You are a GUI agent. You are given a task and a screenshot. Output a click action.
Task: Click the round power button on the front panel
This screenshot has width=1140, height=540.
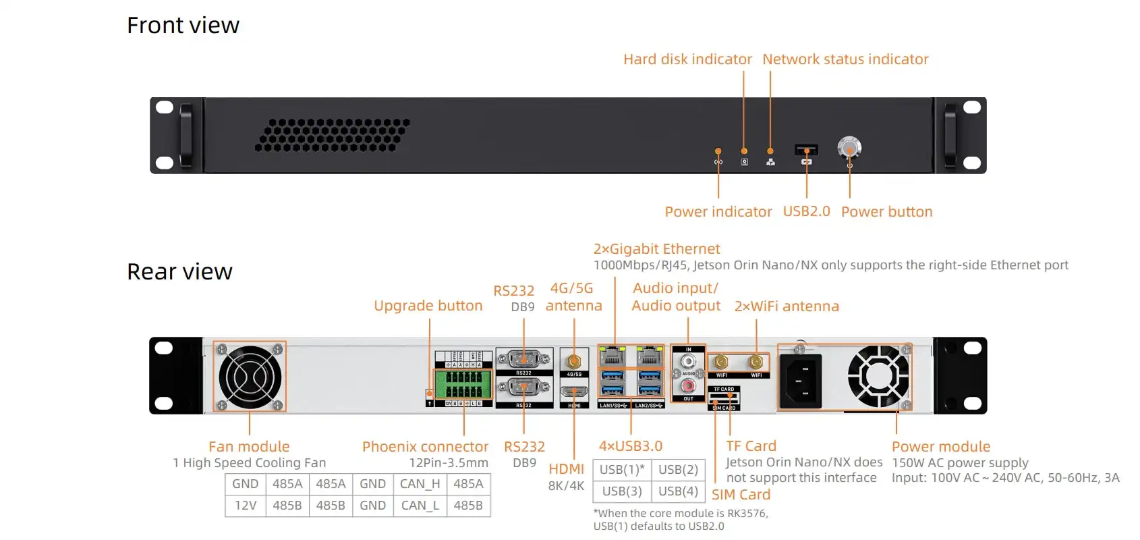849,147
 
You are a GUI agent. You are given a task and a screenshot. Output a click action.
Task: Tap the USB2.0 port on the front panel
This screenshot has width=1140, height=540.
806,149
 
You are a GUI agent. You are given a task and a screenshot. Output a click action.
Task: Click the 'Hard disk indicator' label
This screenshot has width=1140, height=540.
687,59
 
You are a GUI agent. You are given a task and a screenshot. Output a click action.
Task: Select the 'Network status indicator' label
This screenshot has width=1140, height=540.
845,59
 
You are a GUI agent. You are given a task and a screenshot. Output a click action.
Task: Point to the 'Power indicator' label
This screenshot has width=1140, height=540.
718,212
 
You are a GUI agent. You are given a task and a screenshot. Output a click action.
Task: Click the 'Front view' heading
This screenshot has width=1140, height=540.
183,26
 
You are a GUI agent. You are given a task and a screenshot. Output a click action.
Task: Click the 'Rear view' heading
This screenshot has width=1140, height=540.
179,271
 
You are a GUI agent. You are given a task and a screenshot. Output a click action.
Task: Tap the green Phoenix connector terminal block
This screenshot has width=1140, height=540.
463,385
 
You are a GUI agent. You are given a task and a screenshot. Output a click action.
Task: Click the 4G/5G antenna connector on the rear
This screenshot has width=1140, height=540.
574,362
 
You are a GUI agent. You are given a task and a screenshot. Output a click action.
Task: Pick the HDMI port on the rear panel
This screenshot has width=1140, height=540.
574,392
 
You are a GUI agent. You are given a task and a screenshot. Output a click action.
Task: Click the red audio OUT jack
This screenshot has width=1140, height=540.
688,386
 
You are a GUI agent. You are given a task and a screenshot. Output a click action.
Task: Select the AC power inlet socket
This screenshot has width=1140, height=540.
801,381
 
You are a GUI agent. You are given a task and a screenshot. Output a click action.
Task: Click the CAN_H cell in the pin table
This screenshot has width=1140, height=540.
420,484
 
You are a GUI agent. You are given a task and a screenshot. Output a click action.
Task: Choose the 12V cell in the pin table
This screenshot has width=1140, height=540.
246,506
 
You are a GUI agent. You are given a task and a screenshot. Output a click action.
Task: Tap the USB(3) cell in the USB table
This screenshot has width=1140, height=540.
622,491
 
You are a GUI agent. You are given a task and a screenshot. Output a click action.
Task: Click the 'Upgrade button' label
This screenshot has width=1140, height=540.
428,306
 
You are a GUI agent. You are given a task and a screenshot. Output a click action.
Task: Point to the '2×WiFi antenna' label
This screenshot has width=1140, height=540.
787,306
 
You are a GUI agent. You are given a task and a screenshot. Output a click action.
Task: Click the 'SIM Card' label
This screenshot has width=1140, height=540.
741,495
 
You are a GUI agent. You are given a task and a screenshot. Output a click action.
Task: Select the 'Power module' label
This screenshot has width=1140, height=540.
941,447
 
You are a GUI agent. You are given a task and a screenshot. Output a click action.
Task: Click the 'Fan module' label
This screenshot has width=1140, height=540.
249,447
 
